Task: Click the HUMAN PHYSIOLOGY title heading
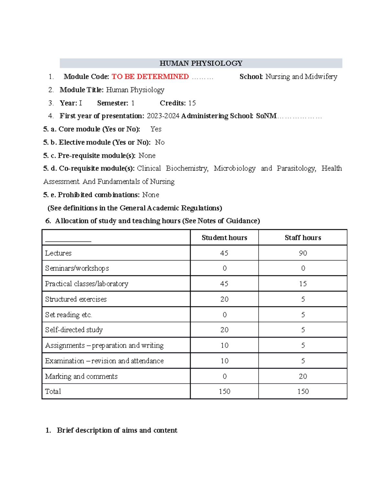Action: point(201,63)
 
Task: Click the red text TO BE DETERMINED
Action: point(150,77)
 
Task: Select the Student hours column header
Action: point(224,238)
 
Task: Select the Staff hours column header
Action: point(303,238)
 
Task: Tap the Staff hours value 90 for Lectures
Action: point(303,253)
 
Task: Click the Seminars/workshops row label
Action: point(77,268)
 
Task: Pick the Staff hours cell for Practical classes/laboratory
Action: point(303,284)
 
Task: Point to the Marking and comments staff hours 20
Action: point(303,376)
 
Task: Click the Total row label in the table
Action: point(53,391)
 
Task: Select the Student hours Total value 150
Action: point(224,391)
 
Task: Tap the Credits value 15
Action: point(192,103)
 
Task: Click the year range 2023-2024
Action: point(163,116)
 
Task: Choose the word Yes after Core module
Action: point(156,129)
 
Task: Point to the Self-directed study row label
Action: point(74,330)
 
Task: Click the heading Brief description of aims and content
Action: point(117,430)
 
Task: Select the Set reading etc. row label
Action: point(68,315)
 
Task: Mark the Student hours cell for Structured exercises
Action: point(224,299)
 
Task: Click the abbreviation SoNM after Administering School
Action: point(266,116)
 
